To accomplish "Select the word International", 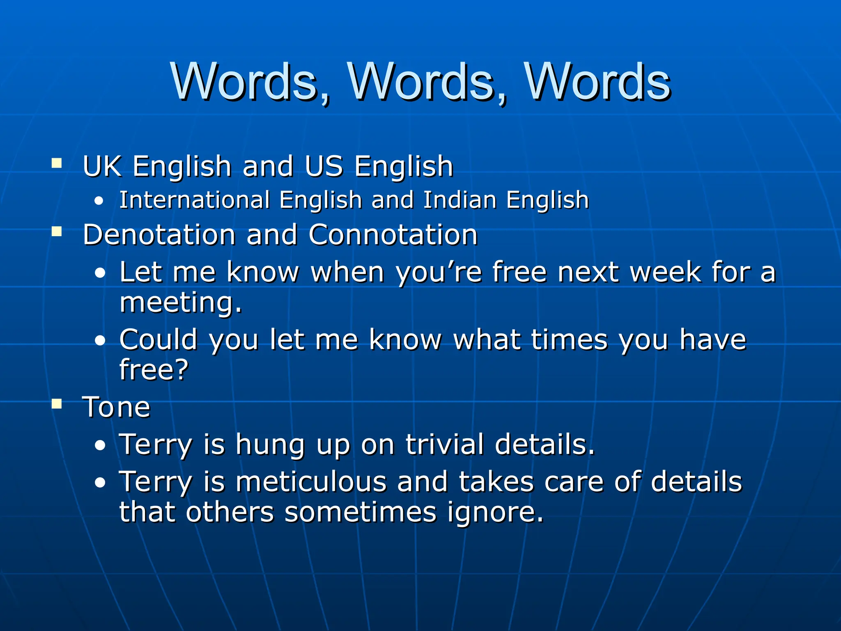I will coord(194,200).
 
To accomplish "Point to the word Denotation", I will coord(159,235).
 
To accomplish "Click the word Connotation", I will coord(393,235).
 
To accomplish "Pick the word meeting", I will coord(181,303).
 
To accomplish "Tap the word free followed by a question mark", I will coord(153,369).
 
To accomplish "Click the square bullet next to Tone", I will coord(57,404).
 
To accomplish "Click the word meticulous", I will coord(311,481).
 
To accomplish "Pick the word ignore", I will coord(495,512).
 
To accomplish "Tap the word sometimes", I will coord(361,512).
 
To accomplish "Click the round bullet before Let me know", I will coord(100,273).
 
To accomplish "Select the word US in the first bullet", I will coord(324,166).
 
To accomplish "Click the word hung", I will coord(270,445).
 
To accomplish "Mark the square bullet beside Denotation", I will coord(57,232).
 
